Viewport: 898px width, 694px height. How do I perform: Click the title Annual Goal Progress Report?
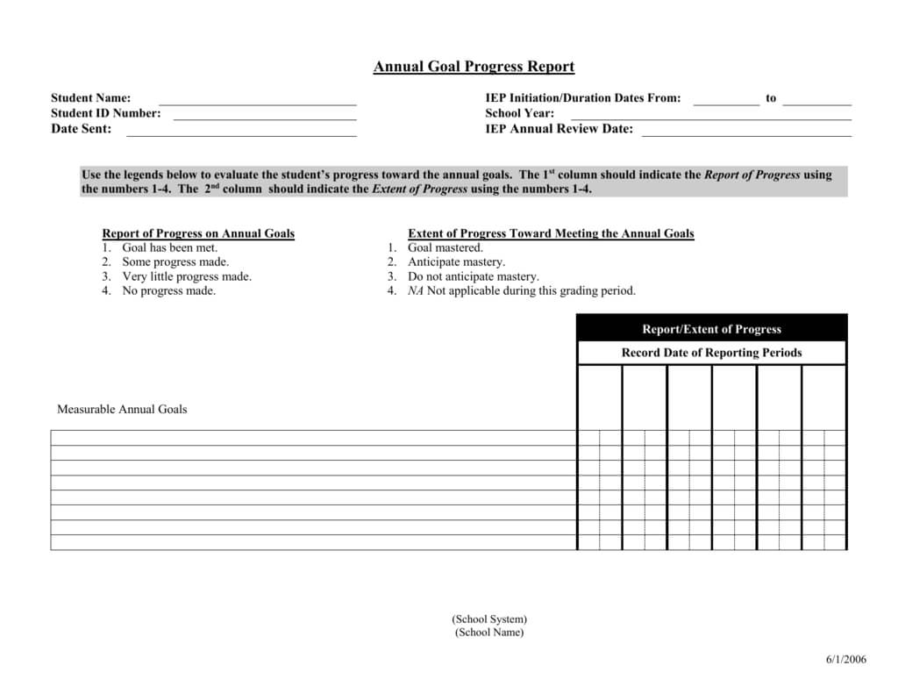[x=474, y=67]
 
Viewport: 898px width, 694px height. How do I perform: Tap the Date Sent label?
[x=82, y=129]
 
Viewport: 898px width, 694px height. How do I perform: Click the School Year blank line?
[x=710, y=116]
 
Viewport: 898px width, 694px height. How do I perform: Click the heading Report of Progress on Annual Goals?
[x=198, y=233]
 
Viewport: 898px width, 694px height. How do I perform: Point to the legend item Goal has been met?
[x=169, y=247]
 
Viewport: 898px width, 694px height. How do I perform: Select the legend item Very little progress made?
[x=186, y=276]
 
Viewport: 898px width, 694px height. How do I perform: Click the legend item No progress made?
[x=168, y=290]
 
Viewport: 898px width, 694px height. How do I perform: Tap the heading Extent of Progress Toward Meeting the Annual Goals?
[x=551, y=233]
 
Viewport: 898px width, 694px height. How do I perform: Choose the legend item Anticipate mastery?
[x=456, y=262]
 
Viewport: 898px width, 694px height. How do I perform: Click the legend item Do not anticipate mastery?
[x=473, y=276]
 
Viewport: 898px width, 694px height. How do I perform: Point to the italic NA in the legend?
[x=416, y=290]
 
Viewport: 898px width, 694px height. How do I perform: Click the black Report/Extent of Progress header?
[x=711, y=329]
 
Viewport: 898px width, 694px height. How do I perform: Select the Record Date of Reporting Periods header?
[x=711, y=353]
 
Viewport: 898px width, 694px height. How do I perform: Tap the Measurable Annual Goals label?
[x=122, y=409]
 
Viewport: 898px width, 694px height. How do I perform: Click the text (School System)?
[x=489, y=619]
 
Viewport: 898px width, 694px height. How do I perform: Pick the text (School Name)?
[x=489, y=633]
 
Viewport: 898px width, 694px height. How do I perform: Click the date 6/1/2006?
[x=845, y=660]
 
